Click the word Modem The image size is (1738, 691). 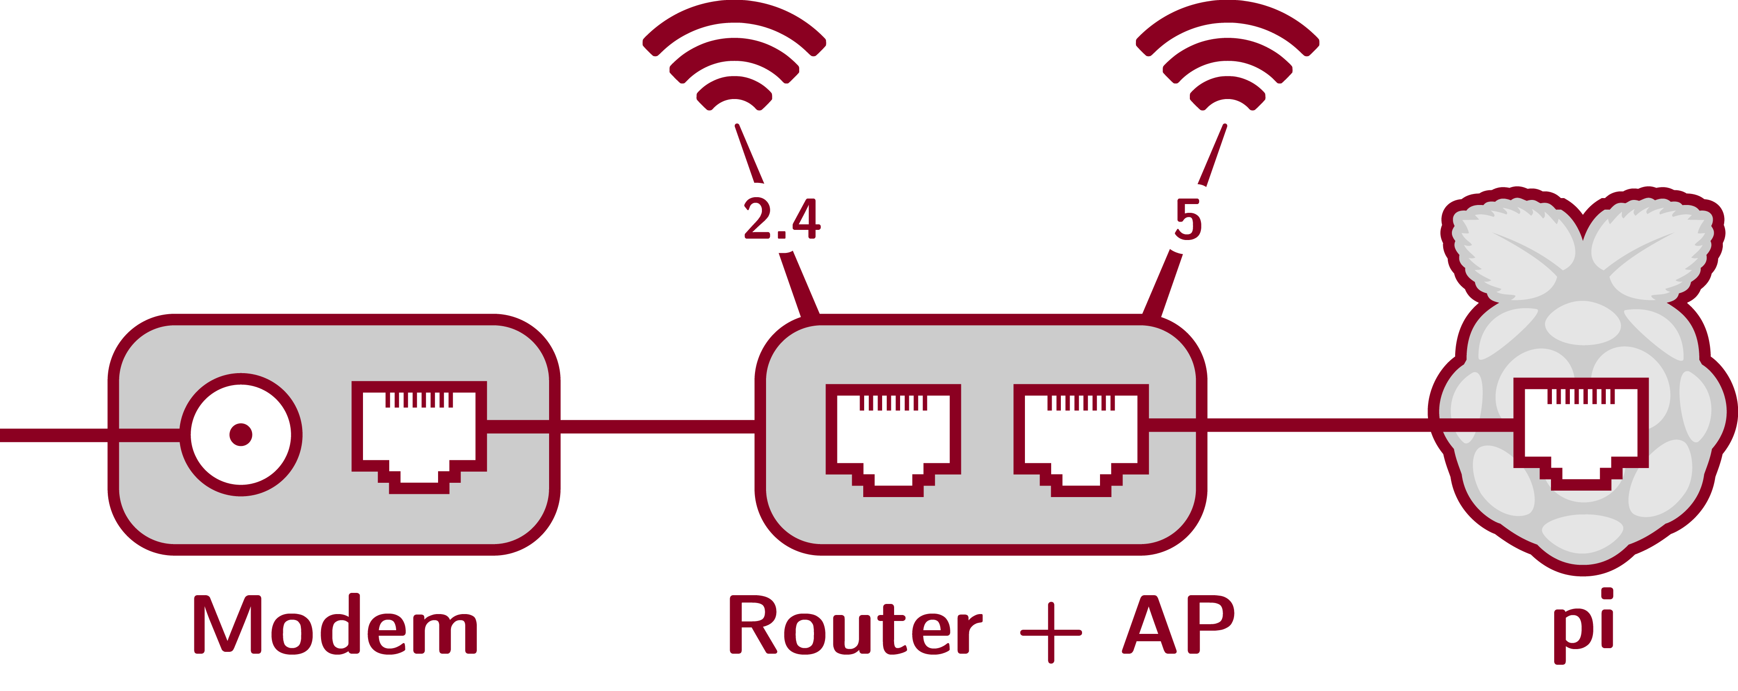tap(335, 626)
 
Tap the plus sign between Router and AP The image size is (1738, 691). tap(1050, 633)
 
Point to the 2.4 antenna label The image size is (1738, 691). tap(782, 219)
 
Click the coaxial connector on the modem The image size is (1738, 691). tap(241, 434)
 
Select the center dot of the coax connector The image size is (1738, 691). tap(241, 434)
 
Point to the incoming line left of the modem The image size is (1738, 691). tap(54, 434)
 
